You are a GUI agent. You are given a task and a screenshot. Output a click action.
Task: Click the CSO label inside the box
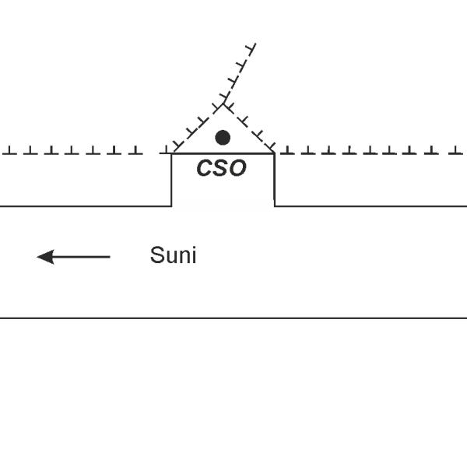(x=222, y=167)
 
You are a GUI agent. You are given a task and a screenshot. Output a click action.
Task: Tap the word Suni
(x=173, y=255)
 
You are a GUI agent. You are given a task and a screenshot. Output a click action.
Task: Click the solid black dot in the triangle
(x=223, y=138)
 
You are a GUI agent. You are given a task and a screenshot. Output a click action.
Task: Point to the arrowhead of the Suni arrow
(x=45, y=257)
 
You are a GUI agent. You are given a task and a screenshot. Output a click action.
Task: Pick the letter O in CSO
(x=237, y=167)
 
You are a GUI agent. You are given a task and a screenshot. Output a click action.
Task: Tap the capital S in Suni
(x=157, y=255)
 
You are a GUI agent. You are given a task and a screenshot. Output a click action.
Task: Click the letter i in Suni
(x=194, y=255)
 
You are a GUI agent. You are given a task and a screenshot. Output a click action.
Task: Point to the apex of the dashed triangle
(x=223, y=104)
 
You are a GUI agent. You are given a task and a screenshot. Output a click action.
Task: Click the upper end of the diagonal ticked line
(x=255, y=44)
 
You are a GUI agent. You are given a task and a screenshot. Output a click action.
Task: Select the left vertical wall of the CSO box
(x=171, y=180)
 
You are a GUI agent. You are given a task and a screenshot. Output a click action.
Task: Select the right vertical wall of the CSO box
(x=274, y=180)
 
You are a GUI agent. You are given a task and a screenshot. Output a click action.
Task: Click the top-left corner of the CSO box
(x=171, y=153)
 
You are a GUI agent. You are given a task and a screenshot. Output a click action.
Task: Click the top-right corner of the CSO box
(x=274, y=153)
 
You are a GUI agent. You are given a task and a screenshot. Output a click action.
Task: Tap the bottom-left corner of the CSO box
(x=171, y=205)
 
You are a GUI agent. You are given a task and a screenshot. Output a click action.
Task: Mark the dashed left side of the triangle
(x=198, y=128)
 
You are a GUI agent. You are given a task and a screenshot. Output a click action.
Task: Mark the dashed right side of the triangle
(x=249, y=128)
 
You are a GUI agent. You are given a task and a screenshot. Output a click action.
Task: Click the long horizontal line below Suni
(x=233, y=318)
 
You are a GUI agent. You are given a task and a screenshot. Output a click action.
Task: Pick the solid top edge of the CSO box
(x=223, y=153)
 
